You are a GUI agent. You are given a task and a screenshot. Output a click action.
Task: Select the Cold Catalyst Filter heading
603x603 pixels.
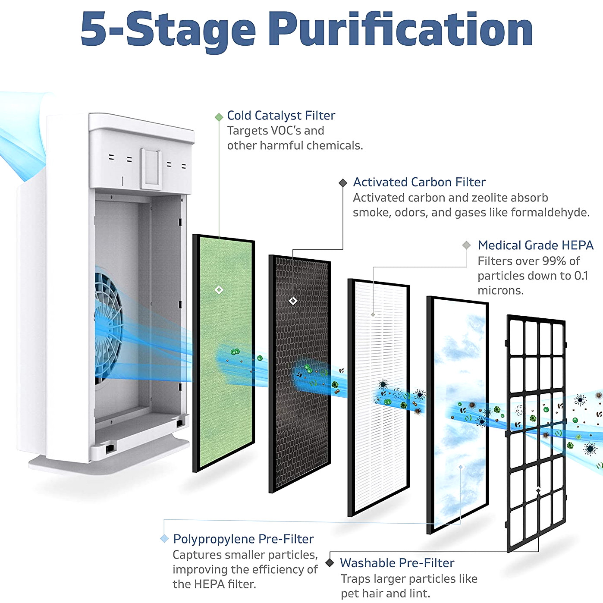(281, 116)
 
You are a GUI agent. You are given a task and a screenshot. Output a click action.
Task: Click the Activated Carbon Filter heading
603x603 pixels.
(419, 182)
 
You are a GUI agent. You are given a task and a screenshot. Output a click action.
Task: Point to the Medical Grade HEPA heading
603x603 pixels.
(535, 245)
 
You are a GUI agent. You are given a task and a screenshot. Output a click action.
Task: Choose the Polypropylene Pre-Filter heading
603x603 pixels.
(243, 539)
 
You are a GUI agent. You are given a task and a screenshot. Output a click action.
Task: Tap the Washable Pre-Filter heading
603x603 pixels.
(397, 563)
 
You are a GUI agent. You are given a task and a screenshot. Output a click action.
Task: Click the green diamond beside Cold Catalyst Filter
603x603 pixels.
(219, 117)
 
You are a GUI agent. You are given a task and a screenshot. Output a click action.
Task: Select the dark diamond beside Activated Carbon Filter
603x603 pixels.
(343, 183)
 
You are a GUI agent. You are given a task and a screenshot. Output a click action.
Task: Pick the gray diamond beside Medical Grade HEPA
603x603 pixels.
(467, 245)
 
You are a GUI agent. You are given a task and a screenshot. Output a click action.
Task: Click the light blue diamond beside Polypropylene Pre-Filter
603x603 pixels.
(164, 539)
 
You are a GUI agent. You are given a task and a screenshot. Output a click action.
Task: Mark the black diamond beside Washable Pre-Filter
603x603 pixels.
(330, 562)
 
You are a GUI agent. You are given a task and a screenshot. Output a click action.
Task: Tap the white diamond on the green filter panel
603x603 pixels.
(219, 290)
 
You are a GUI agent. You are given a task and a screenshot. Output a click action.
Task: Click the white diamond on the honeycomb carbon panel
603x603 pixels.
(293, 301)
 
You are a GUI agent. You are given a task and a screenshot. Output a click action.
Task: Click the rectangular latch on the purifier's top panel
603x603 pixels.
(151, 169)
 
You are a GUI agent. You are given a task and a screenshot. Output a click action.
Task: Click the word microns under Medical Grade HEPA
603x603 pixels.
(500, 291)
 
